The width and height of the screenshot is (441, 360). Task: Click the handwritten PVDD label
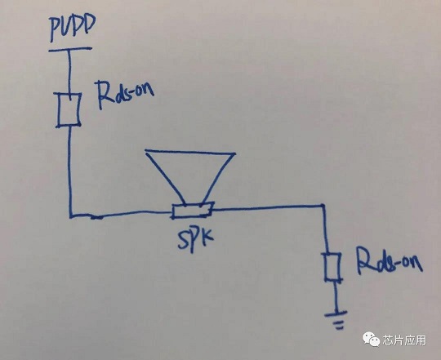click(x=73, y=28)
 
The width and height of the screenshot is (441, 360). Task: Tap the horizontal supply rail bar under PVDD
click(x=70, y=50)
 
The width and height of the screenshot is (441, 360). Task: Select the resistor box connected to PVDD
click(x=69, y=110)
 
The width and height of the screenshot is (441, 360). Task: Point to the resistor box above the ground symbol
click(x=333, y=267)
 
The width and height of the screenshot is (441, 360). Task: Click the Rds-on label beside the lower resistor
click(x=390, y=260)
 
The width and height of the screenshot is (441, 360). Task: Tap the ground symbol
click(x=336, y=320)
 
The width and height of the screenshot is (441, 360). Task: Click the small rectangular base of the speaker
click(x=192, y=211)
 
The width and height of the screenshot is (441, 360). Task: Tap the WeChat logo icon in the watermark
click(x=371, y=339)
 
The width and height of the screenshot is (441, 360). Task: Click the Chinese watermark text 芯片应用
click(x=404, y=340)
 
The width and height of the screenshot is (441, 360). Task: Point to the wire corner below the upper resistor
click(x=71, y=216)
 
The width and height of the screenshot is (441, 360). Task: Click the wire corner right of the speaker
click(x=323, y=207)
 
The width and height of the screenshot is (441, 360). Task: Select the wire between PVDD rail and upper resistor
click(x=69, y=73)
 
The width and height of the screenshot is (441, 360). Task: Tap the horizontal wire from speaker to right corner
click(x=268, y=208)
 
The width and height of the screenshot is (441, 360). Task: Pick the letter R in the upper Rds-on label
click(x=103, y=95)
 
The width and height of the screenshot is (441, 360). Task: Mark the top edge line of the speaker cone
click(x=190, y=152)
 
